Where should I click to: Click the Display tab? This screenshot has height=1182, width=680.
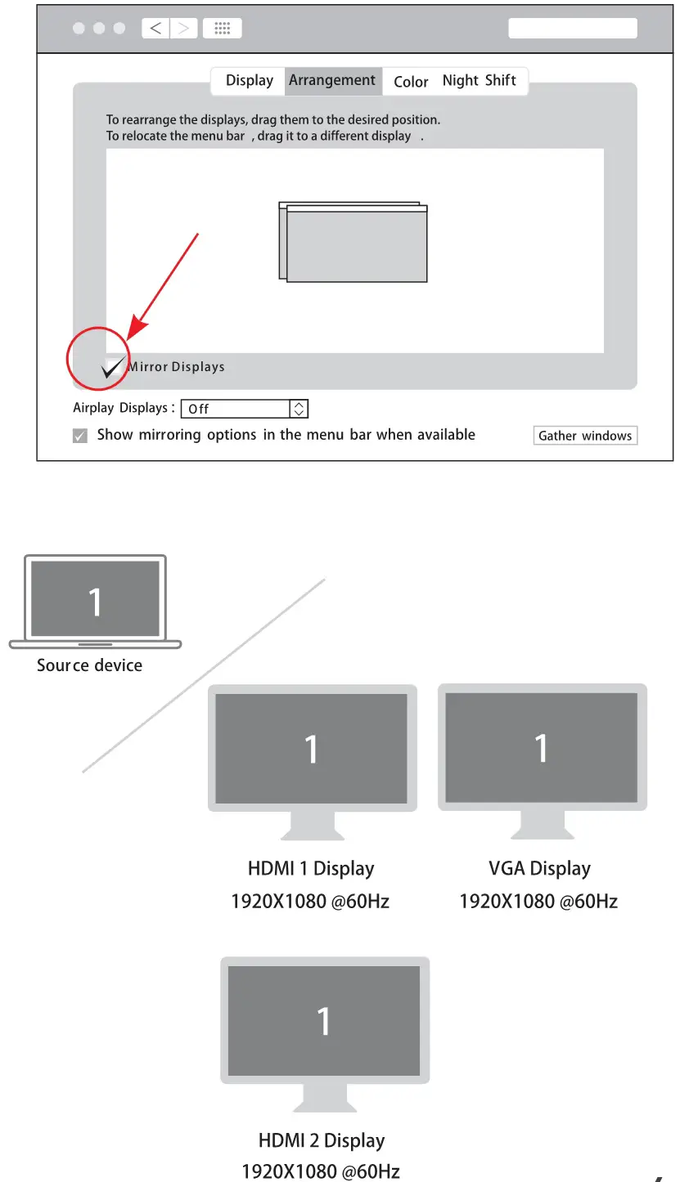click(249, 81)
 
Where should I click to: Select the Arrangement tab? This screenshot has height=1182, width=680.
click(332, 81)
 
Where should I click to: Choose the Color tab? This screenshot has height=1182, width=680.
click(411, 82)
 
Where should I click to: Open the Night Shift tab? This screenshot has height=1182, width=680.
click(479, 81)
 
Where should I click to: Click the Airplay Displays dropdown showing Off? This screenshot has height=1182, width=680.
click(244, 409)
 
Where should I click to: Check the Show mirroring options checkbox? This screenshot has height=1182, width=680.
click(80, 436)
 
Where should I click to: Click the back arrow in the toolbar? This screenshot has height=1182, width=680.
click(155, 29)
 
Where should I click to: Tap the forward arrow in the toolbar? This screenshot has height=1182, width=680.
click(183, 29)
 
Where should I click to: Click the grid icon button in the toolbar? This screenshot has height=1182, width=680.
click(222, 29)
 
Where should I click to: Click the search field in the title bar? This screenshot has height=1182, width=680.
click(572, 29)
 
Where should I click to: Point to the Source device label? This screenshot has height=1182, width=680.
click(89, 665)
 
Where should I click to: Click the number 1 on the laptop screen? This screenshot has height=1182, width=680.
click(95, 602)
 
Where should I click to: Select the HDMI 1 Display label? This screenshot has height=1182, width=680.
click(310, 869)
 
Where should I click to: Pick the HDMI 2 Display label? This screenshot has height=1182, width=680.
click(321, 1141)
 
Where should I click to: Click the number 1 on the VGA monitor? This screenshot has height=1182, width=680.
click(541, 748)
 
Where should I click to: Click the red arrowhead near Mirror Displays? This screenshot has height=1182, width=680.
click(133, 329)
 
